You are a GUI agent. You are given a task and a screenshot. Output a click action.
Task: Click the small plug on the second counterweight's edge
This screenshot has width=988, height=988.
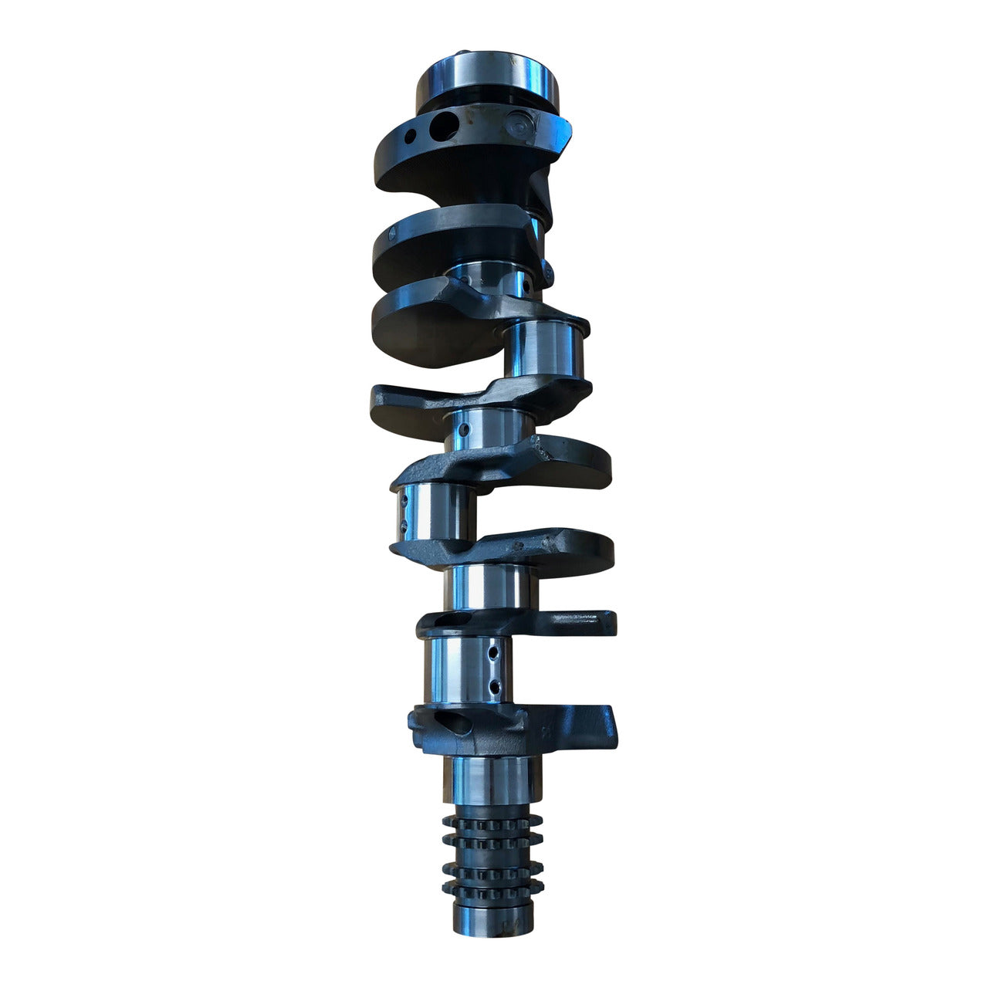point(546,270)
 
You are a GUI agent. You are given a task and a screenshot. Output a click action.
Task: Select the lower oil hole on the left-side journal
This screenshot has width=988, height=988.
point(403,527)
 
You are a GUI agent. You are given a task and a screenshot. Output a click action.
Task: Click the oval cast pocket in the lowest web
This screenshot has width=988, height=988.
point(450,725)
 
